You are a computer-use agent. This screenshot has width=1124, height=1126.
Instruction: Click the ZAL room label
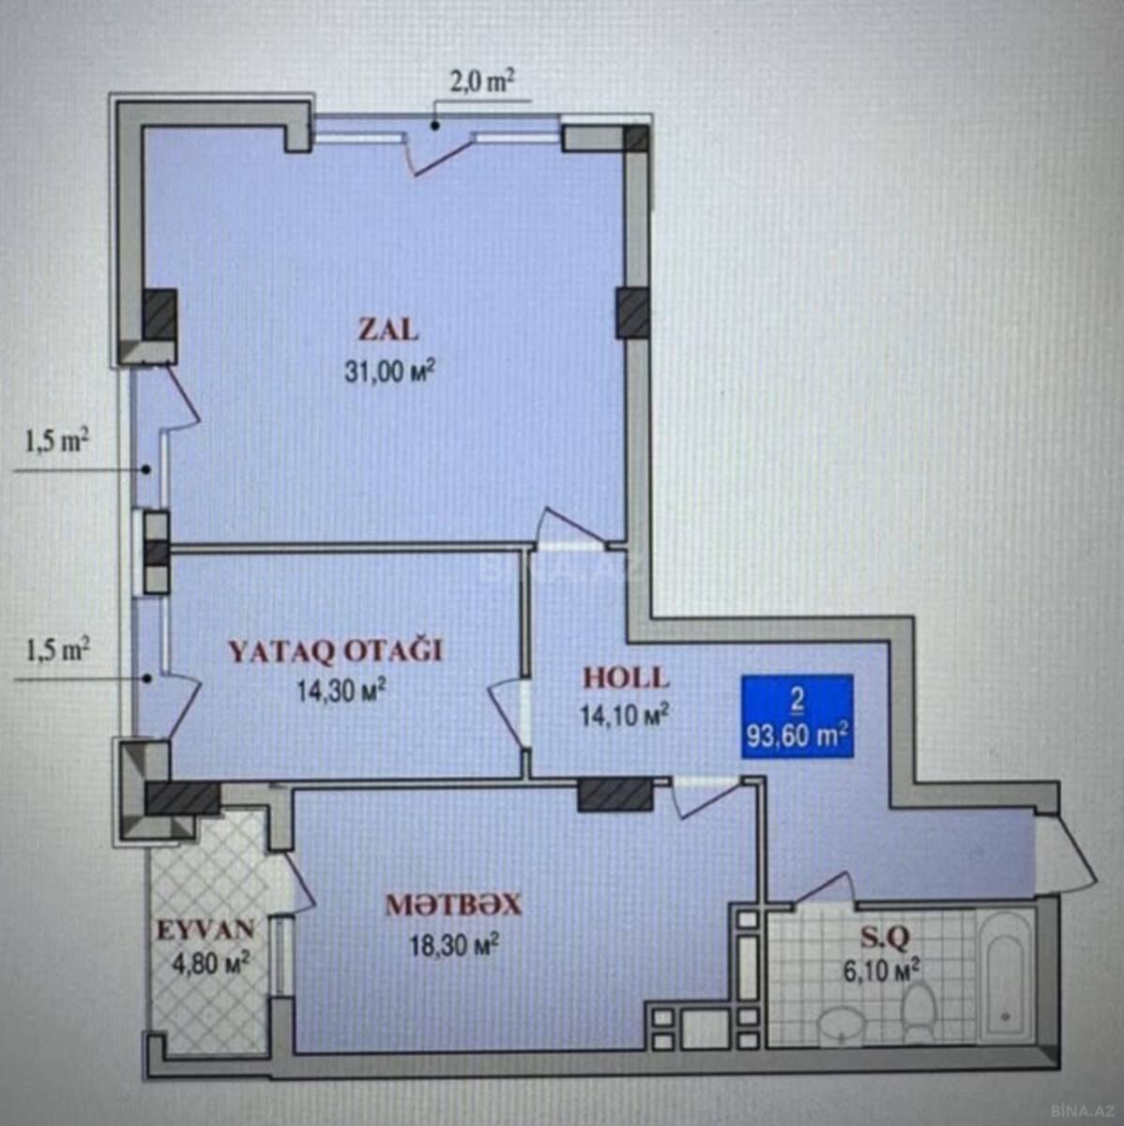coord(388,330)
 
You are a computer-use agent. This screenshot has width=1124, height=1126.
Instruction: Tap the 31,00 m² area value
coord(390,372)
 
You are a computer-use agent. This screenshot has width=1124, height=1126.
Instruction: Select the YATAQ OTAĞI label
coord(335,652)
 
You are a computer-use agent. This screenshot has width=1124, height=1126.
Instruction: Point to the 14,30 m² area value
coord(342,691)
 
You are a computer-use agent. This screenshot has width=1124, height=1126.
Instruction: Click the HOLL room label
coord(626,677)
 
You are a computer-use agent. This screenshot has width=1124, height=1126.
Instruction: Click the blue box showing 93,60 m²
coord(797,716)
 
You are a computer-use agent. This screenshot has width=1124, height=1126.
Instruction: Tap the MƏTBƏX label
coord(453,905)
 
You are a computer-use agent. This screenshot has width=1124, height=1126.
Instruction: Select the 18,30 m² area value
coord(454,945)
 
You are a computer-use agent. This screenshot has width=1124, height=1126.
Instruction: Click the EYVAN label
coord(206,930)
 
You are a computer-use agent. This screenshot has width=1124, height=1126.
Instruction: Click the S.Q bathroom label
coord(886,937)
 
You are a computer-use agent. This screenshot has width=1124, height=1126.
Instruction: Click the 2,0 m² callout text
coord(478,83)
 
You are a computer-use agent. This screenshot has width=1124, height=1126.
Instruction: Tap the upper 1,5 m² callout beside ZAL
coord(56,443)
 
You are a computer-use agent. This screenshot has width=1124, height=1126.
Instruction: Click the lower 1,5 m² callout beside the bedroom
coord(56,650)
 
